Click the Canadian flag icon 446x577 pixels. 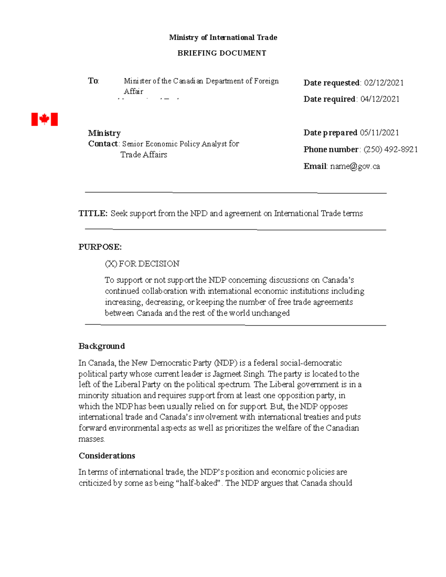pyautogui.click(x=44, y=119)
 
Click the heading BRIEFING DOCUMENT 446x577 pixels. pyautogui.click(x=222, y=53)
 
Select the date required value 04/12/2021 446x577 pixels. pyautogui.click(x=380, y=99)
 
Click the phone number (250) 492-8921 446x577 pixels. pyautogui.click(x=391, y=149)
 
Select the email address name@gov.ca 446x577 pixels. pyautogui.click(x=355, y=166)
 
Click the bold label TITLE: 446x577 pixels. pyautogui.click(x=93, y=213)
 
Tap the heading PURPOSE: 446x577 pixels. pyautogui.click(x=100, y=247)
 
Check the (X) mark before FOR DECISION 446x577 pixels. pyautogui.click(x=111, y=264)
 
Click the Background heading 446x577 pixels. pyautogui.click(x=101, y=346)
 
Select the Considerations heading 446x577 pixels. pyautogui.click(x=107, y=456)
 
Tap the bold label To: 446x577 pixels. pyautogui.click(x=93, y=81)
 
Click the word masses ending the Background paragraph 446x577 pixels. pyautogui.click(x=91, y=439)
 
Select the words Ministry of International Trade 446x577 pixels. pyautogui.click(x=223, y=38)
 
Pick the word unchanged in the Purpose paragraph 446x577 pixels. pyautogui.click(x=270, y=313)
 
